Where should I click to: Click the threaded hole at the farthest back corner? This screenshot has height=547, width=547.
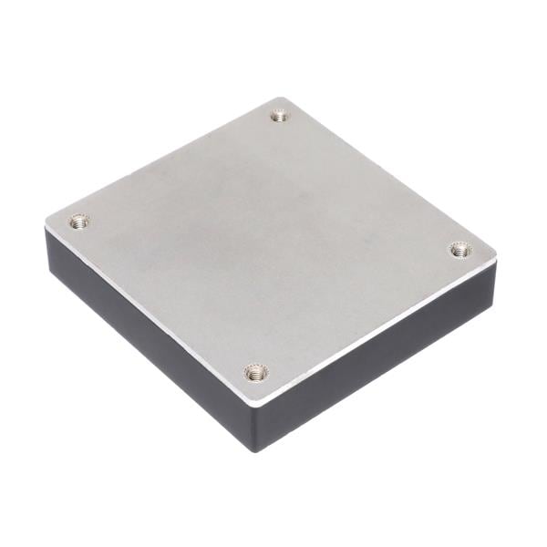[x=280, y=116]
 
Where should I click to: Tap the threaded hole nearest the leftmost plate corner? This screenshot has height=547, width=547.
[x=79, y=222]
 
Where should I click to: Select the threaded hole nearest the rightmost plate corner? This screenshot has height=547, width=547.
[x=460, y=249]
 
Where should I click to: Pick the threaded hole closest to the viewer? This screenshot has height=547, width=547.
[x=255, y=371]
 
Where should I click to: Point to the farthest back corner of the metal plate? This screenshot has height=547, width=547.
[x=284, y=98]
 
